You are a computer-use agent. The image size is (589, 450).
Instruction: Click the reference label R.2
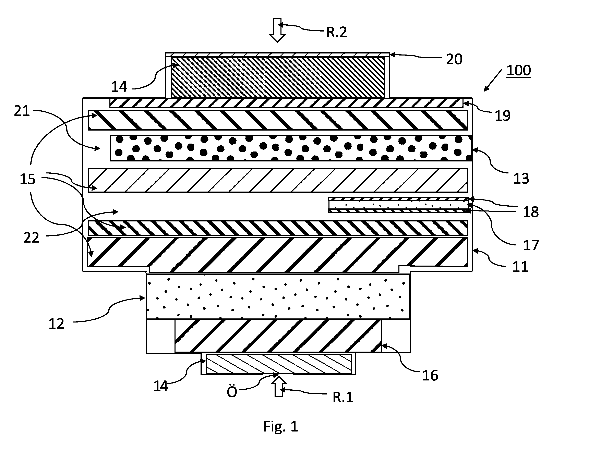point(336,32)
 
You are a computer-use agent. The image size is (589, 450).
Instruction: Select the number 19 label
point(503,116)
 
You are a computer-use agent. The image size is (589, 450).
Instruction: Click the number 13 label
point(521,179)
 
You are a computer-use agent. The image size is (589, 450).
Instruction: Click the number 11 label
point(520,267)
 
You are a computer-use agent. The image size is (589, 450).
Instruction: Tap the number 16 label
point(430,375)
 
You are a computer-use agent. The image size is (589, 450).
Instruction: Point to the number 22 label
point(31,238)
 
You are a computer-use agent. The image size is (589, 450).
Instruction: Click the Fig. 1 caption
point(281,426)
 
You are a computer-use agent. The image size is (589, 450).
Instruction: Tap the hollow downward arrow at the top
point(277,30)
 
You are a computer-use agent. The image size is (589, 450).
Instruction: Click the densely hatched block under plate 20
point(278,78)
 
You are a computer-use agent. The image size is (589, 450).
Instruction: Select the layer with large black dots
point(291,148)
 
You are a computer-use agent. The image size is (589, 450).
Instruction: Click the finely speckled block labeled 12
point(278,296)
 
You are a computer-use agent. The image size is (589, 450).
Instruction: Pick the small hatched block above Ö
point(279,364)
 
